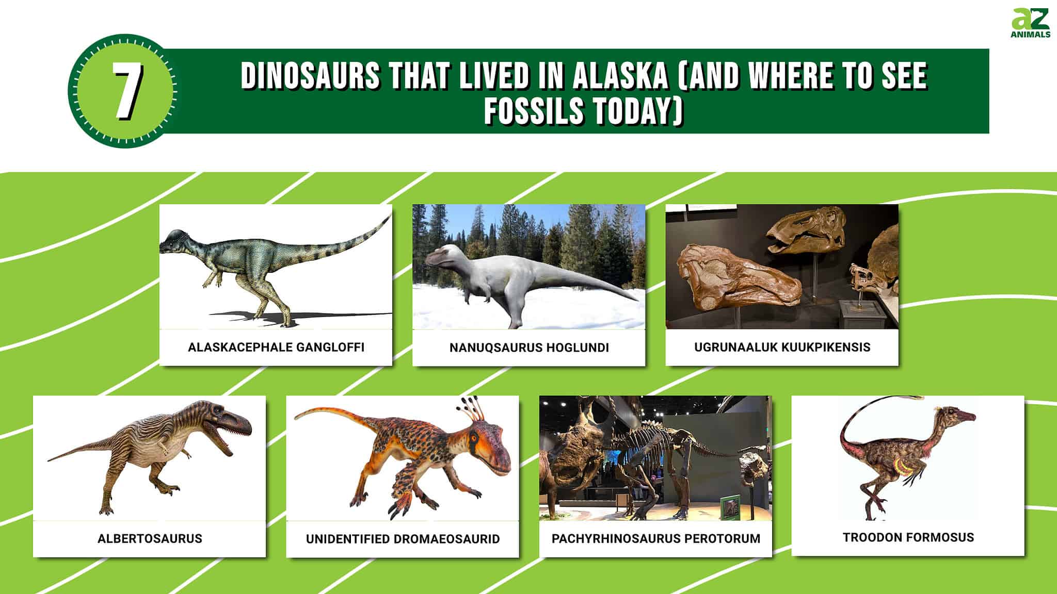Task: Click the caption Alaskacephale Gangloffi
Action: tap(276, 347)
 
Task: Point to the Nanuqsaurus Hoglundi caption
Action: tap(529, 348)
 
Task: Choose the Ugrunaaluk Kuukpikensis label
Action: tap(782, 347)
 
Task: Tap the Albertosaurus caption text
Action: tap(150, 538)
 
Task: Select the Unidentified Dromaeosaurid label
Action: tap(403, 539)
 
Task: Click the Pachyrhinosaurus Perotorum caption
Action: tap(655, 538)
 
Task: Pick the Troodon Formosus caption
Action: tap(908, 537)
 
